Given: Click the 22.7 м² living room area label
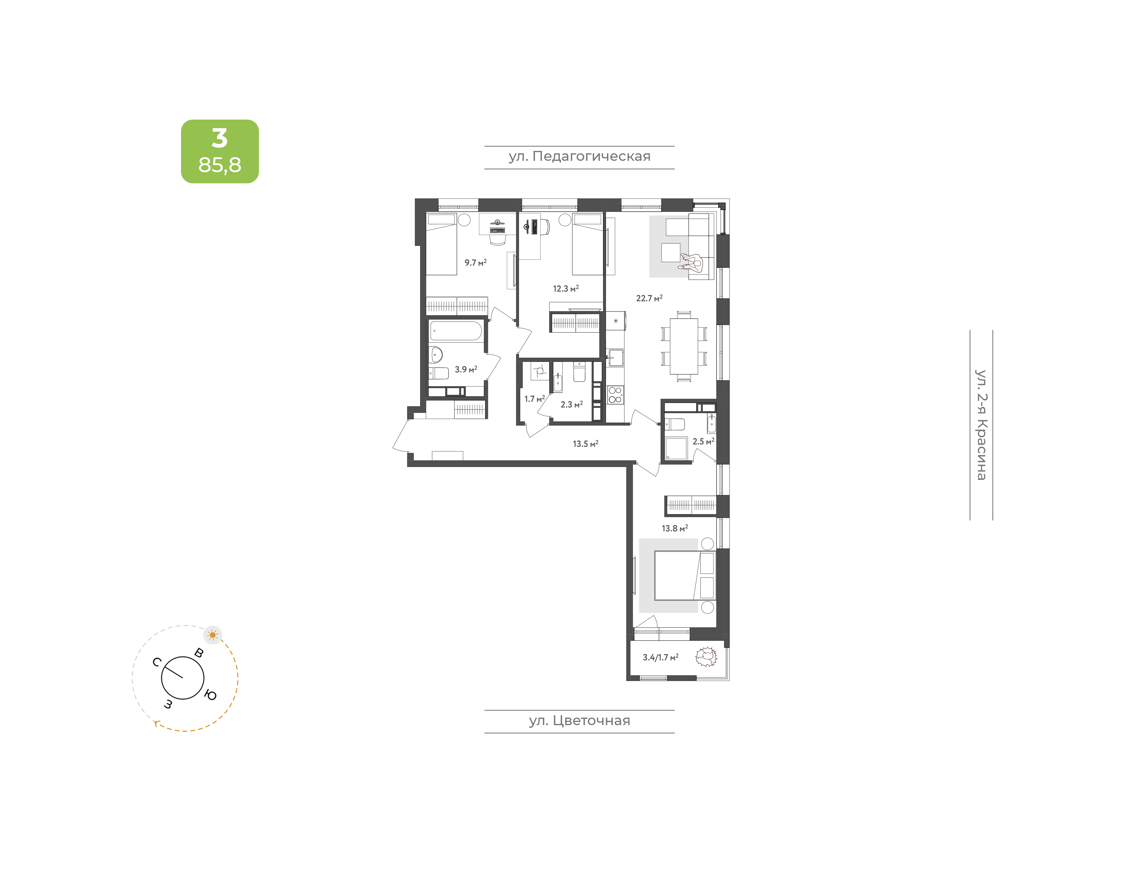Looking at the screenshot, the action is click(649, 298).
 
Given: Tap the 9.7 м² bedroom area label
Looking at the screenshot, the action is click(475, 262).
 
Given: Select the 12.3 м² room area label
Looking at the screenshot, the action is click(566, 288).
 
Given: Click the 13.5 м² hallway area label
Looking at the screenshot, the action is click(586, 444).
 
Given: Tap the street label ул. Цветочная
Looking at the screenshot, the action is click(579, 721).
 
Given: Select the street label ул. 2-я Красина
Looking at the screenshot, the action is click(981, 425).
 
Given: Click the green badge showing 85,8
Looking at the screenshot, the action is click(220, 151).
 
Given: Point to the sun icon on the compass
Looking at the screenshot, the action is click(213, 635).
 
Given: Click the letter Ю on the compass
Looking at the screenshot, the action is click(210, 695).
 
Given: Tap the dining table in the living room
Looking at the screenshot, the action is click(684, 346).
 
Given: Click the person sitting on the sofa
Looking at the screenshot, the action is click(692, 262).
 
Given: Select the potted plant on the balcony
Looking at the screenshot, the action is click(706, 657).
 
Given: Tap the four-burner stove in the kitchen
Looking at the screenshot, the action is click(615, 395).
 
